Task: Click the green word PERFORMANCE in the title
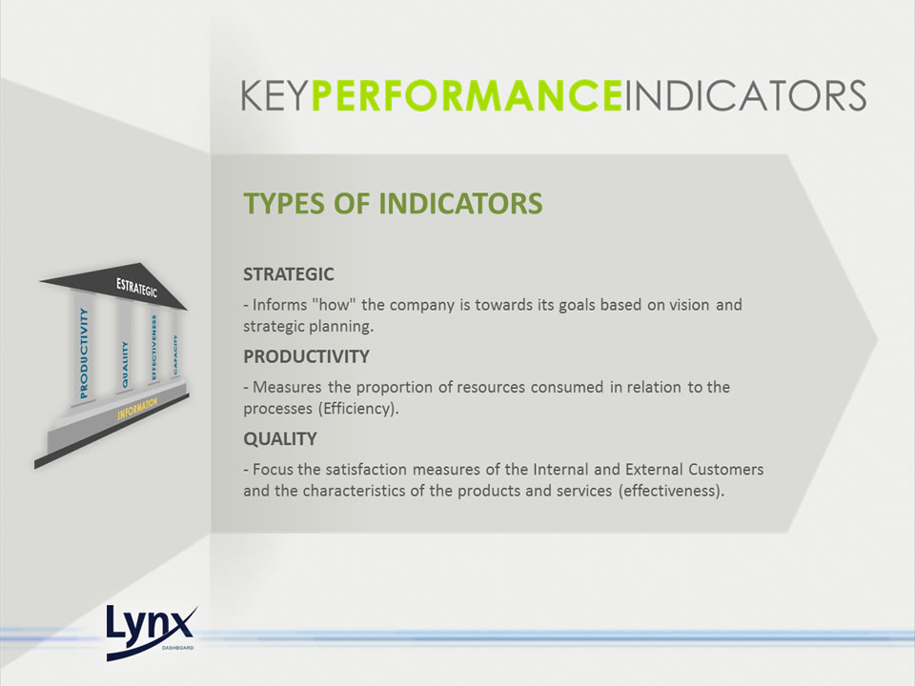[467, 95]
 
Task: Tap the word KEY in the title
[274, 95]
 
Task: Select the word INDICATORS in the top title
[745, 95]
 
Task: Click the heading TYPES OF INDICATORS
[393, 204]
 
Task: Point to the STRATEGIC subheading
[288, 274]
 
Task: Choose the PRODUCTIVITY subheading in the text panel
[306, 356]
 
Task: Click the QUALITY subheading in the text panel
[280, 438]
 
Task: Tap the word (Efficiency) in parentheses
[358, 409]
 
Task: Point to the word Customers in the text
[726, 469]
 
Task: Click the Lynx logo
[152, 633]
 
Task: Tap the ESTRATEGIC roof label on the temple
[136, 287]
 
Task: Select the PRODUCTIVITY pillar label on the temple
[84, 353]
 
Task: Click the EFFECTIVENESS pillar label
[154, 348]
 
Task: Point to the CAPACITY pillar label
[175, 354]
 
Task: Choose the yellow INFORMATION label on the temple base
[137, 409]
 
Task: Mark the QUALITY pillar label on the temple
[124, 365]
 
